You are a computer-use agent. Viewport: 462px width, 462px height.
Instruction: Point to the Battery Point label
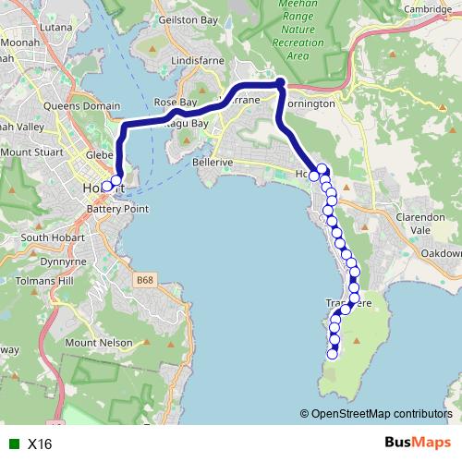(117, 210)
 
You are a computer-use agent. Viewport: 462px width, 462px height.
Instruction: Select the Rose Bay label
(176, 102)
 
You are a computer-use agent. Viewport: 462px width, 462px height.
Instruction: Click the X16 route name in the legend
(40, 444)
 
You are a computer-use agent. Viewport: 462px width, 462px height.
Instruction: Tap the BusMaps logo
(417, 443)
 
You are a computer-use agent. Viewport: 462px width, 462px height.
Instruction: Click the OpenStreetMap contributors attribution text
(381, 414)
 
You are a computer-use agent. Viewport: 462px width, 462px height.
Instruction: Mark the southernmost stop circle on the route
(334, 352)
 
